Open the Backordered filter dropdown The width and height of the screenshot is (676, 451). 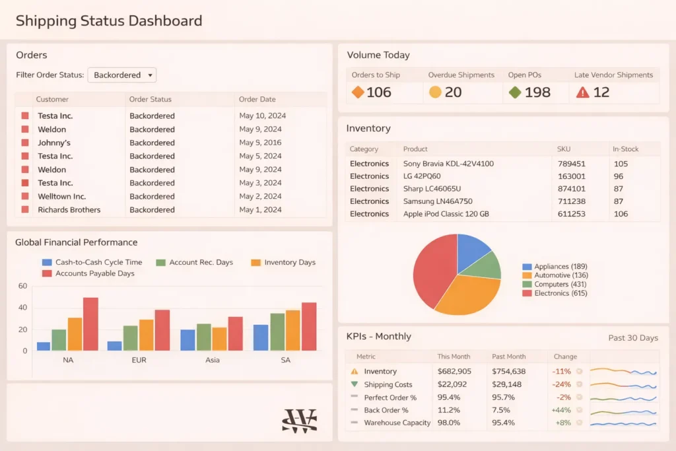tap(122, 75)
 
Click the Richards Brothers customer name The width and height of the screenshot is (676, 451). tap(69, 210)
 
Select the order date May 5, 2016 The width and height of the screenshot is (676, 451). tap(260, 143)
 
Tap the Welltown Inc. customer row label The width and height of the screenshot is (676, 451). tap(61, 196)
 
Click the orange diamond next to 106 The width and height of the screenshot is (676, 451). tap(358, 92)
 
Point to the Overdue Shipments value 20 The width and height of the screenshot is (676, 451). tap(453, 92)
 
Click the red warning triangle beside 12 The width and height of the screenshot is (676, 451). tap(582, 92)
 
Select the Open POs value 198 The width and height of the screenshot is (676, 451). tap(537, 92)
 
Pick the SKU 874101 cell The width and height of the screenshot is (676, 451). tap(571, 189)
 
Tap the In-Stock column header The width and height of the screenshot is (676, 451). tap(625, 149)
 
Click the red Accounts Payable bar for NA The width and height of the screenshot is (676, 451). tap(90, 324)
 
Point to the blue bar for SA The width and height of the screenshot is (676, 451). tap(261, 337)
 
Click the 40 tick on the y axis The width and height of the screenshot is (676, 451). tap(22, 308)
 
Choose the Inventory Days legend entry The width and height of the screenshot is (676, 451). tap(289, 262)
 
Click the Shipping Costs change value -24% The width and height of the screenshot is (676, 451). tap(562, 384)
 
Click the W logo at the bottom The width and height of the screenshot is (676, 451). tap(299, 421)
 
